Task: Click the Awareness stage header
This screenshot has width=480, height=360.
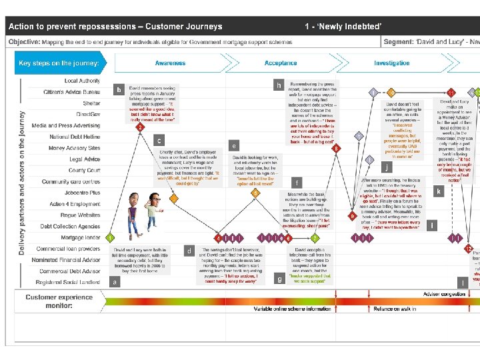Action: point(170,63)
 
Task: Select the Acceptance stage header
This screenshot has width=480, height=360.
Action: point(281,63)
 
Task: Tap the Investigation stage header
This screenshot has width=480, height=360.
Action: point(391,63)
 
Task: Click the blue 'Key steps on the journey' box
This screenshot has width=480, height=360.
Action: point(60,63)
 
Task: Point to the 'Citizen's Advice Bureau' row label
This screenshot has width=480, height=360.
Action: point(71,91)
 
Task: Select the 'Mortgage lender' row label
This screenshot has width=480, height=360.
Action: point(81,237)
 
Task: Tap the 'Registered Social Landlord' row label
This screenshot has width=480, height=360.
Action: point(69,283)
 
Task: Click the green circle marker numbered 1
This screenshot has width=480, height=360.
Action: point(110,237)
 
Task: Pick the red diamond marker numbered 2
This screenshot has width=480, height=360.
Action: point(141,126)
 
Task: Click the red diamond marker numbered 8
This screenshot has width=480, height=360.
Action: point(337,148)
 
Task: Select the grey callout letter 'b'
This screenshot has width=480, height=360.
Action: point(119,89)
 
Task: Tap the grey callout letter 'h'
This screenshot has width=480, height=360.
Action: point(279,85)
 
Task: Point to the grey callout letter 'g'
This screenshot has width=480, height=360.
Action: point(279,279)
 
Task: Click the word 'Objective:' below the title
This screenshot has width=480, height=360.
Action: point(24,41)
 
